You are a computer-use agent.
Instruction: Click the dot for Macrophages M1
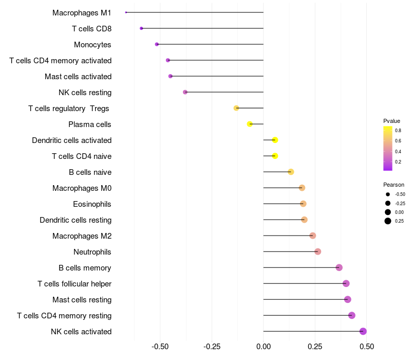point(126,12)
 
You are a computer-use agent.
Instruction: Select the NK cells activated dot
point(363,331)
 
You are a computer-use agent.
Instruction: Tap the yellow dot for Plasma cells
point(250,124)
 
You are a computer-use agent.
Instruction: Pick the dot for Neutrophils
point(317,251)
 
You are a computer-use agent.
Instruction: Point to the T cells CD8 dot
point(141,28)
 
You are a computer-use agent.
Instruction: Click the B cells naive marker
point(291,172)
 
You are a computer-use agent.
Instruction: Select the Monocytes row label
point(92,45)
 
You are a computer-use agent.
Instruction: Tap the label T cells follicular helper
point(74,284)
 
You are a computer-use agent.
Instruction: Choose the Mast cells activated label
point(78,77)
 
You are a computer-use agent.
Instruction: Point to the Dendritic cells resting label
point(76,220)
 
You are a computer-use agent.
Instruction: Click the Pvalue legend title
point(391,121)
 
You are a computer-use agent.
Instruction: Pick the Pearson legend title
point(394,185)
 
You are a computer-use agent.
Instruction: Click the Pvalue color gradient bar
point(388,148)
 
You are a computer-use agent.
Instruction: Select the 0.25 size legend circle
point(387,221)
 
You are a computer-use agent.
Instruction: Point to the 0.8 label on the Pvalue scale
point(398,131)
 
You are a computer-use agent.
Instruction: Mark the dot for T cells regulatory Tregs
point(236,108)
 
